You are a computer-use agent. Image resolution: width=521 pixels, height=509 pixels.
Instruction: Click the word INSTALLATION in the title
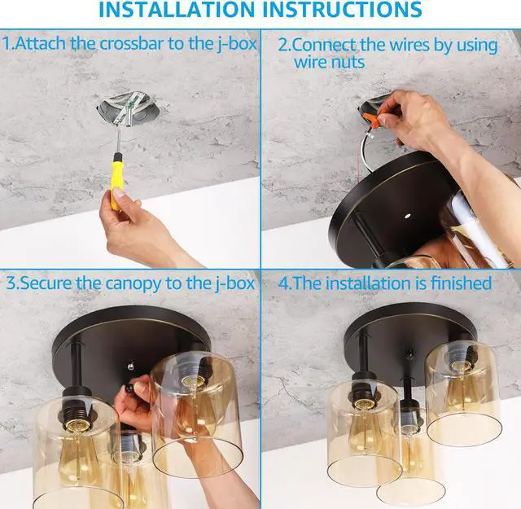[x=177, y=9]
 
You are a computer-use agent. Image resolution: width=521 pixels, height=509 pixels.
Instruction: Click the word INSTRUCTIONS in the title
[x=344, y=9]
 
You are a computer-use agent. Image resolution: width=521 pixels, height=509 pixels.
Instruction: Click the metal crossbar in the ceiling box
[x=129, y=109]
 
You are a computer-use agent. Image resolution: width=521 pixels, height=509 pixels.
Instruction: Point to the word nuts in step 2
[x=349, y=62]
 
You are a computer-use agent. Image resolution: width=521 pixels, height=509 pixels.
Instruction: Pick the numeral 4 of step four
[x=283, y=283]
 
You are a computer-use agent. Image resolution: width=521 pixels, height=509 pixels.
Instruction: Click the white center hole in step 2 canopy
[x=406, y=216]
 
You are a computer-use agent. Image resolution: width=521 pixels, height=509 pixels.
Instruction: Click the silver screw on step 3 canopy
[x=130, y=366]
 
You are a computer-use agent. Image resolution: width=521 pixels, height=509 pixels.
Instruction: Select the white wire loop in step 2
[x=366, y=151]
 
